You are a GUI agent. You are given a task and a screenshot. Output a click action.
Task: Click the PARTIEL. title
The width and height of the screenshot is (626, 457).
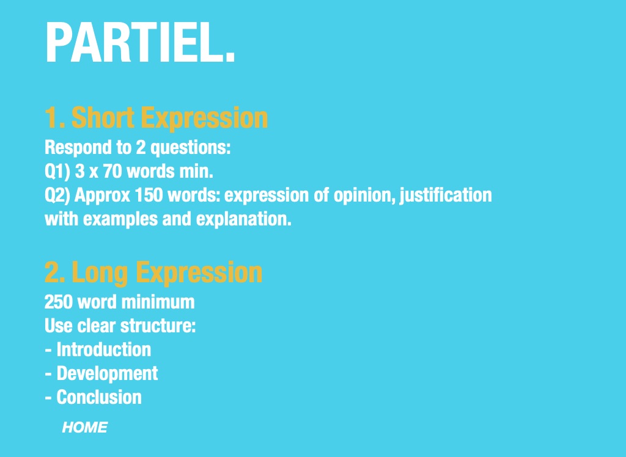point(140,42)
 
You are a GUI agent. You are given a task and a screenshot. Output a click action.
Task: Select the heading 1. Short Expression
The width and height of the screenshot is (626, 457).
point(156,118)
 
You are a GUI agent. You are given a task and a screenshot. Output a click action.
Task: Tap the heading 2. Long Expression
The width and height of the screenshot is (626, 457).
point(153,273)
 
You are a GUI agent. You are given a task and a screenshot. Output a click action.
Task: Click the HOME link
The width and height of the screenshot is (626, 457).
point(84,428)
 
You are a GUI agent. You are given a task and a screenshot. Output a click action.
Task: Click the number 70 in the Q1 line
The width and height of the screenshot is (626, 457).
point(112,171)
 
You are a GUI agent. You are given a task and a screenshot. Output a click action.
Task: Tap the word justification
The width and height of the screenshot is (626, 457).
point(446,196)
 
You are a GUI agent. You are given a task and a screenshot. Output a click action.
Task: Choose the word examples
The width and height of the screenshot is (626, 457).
point(120,219)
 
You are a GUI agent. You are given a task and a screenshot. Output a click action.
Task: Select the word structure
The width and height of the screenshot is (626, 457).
point(158,326)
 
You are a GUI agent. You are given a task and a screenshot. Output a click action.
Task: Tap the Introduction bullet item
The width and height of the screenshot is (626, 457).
point(98,349)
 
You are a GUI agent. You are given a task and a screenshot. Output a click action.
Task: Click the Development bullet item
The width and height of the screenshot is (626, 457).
point(101,374)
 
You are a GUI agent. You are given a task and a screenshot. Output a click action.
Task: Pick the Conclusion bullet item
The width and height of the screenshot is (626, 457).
point(93,397)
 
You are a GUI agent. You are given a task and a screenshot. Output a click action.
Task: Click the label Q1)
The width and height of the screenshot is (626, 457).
point(57,172)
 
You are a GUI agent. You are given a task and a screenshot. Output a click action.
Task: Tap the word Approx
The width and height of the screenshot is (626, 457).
point(103,196)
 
